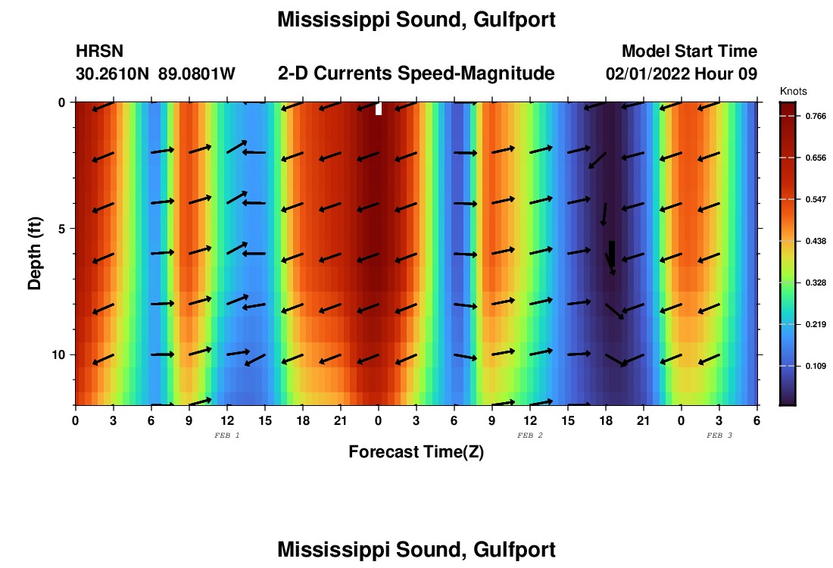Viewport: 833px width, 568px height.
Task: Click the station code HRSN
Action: [99, 51]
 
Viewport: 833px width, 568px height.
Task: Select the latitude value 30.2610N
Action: [114, 73]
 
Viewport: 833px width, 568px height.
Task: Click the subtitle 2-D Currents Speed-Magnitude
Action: [416, 73]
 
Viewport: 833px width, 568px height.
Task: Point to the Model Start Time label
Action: [689, 51]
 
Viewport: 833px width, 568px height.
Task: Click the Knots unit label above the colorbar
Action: [794, 92]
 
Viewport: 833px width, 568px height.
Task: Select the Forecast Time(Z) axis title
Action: [416, 452]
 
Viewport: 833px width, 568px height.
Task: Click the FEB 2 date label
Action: [529, 435]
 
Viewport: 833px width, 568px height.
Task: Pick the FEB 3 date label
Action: [719, 435]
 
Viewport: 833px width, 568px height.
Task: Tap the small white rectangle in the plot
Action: [379, 109]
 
